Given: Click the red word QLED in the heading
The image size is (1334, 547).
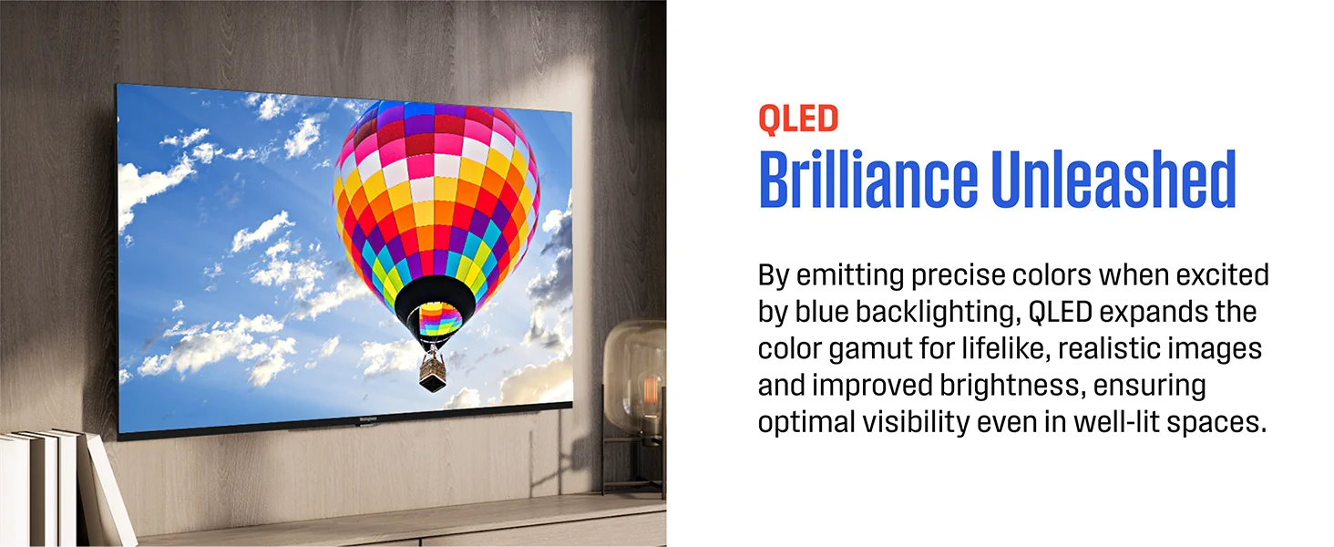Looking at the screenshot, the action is tap(798, 119).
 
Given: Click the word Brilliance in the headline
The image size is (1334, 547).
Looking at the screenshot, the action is tap(867, 179).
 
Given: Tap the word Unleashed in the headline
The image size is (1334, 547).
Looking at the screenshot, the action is tap(1113, 179).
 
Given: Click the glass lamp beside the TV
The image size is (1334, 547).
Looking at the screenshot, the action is tap(634, 387).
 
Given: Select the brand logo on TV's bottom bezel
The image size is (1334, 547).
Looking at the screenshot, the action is tap(368, 418).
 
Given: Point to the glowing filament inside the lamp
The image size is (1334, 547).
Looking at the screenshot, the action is tap(652, 390).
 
